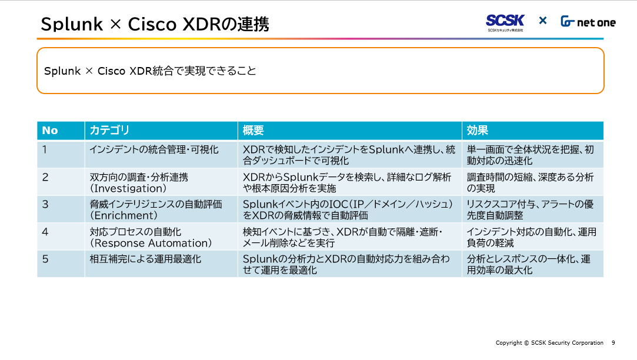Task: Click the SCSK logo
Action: pyautogui.click(x=505, y=23)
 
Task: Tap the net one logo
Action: pyautogui.click(x=588, y=22)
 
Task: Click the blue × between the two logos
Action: pyautogui.click(x=543, y=21)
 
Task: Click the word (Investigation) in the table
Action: pyautogui.click(x=128, y=189)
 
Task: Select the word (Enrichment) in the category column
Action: pyautogui.click(x=124, y=215)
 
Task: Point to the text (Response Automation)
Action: pyautogui.click(x=151, y=243)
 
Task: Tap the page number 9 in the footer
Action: pyautogui.click(x=613, y=343)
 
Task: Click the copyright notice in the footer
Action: pyautogui.click(x=549, y=343)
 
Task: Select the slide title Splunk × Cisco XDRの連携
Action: pyautogui.click(x=155, y=24)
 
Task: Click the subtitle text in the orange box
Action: pyautogui.click(x=150, y=71)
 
